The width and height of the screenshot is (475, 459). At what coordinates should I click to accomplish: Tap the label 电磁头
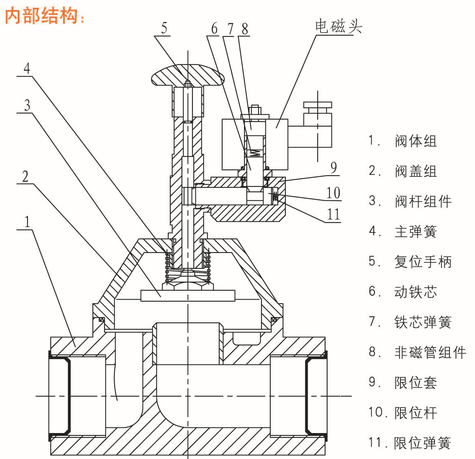point(338,27)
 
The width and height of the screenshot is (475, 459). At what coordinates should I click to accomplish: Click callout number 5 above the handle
point(164,28)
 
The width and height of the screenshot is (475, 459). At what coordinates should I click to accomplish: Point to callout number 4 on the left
point(27,68)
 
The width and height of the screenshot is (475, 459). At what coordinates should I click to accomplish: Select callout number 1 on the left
point(27,222)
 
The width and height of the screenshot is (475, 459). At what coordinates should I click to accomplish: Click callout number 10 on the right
point(333,193)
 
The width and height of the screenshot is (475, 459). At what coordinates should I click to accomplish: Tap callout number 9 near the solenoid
point(334,167)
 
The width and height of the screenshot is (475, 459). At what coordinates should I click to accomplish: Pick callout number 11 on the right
point(333,214)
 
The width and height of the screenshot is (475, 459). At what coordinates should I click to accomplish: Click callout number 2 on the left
point(26,177)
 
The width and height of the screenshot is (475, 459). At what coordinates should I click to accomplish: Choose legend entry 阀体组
point(415,141)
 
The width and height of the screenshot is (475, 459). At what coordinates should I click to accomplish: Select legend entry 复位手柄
point(423,262)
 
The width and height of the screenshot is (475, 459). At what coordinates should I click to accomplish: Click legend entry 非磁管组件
point(430,352)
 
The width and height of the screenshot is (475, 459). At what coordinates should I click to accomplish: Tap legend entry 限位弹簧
point(422,443)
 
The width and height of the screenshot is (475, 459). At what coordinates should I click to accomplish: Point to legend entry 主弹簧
point(415,232)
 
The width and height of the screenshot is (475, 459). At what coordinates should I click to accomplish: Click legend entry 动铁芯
point(415,292)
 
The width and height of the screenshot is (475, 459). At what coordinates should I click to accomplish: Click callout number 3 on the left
point(27,105)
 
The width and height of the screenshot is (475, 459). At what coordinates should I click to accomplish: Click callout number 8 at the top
point(244,29)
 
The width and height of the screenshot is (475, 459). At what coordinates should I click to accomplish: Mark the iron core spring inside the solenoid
point(255,153)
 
